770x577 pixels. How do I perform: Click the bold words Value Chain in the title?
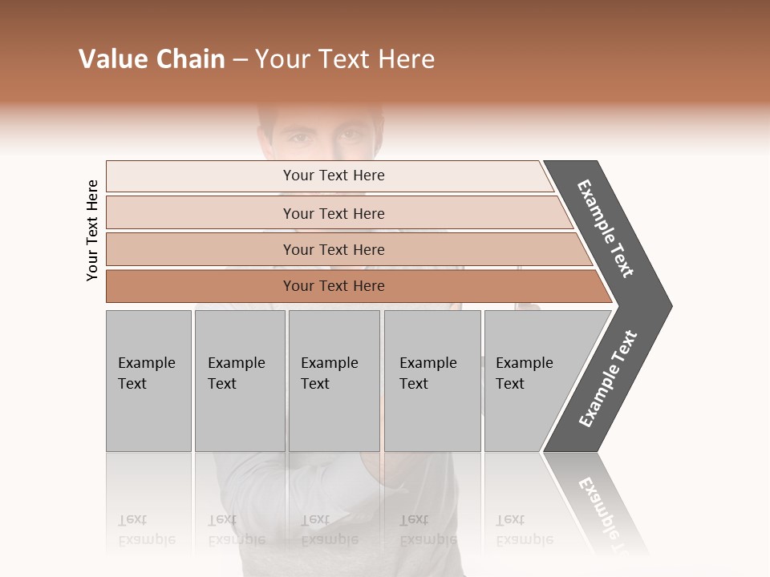152,59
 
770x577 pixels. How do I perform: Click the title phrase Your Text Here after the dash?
345,59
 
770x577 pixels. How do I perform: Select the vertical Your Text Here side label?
92,230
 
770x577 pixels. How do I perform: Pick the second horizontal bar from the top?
334,213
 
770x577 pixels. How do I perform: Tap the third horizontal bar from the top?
334,249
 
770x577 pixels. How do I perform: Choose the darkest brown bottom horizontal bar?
334,286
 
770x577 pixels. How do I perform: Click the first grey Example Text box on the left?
148,381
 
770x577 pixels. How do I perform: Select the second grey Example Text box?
239,381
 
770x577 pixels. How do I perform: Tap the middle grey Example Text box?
334,381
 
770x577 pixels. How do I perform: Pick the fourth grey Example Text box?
432,381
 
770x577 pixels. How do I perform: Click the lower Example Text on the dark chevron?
608,379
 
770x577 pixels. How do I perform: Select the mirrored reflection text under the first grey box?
146,530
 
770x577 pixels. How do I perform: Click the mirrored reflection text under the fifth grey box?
524,530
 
